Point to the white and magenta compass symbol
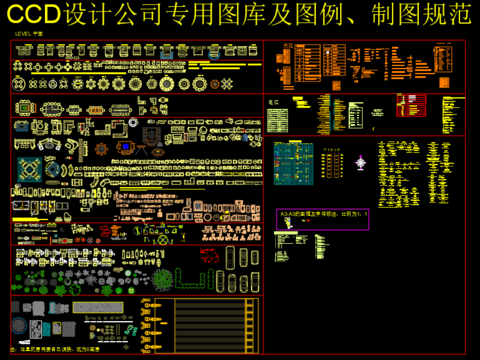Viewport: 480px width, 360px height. coord(362,160)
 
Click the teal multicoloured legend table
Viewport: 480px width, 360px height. coord(294,161)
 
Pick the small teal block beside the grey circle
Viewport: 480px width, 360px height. coord(39,327)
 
